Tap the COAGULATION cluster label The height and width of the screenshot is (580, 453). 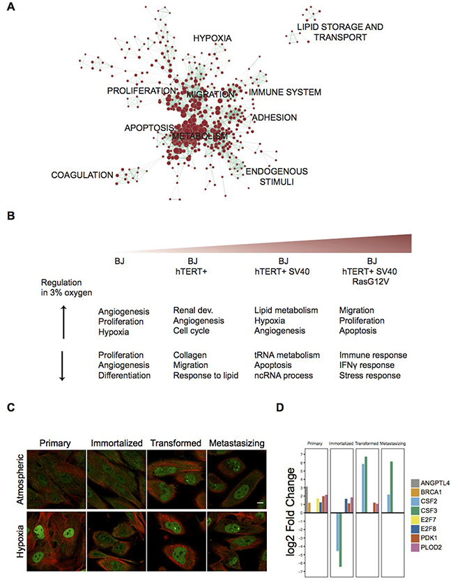(x=82, y=175)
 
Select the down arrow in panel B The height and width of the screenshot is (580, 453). (x=63, y=365)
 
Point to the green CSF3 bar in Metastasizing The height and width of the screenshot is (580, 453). (x=392, y=487)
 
